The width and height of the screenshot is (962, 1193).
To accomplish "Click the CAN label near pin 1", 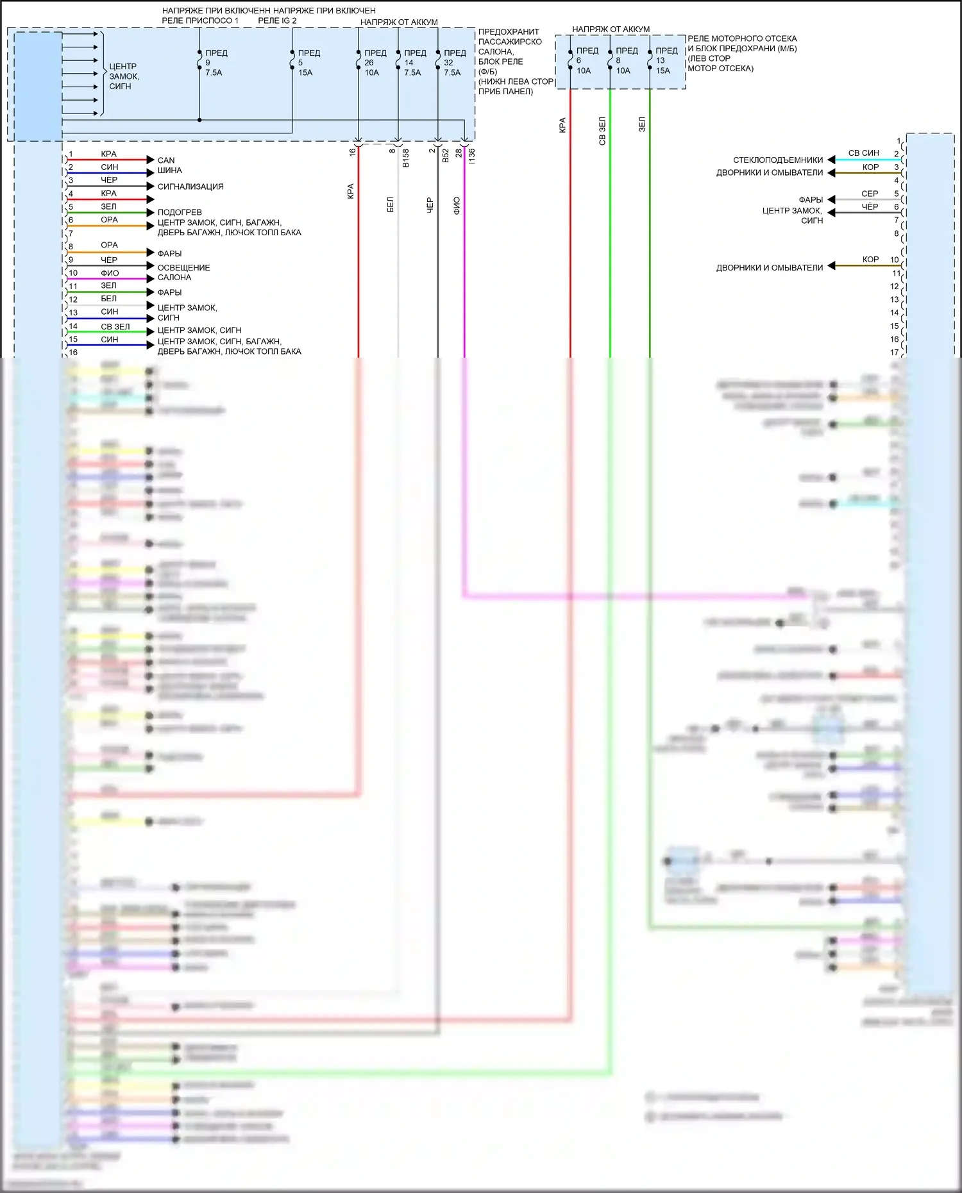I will click(x=166, y=160).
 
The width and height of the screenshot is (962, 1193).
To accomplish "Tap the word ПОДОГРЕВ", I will click(x=180, y=212).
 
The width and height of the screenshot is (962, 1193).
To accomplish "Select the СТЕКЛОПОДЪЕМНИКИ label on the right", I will click(x=777, y=160).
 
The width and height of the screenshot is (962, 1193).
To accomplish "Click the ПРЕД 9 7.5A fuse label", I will click(x=215, y=63).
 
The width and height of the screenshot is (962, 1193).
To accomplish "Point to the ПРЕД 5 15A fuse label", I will click(x=308, y=63).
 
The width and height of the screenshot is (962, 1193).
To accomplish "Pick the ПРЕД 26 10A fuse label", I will click(x=375, y=63).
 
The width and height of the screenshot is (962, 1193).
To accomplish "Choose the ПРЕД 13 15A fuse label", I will click(x=666, y=61).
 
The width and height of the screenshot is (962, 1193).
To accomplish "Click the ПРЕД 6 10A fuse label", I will click(x=586, y=61).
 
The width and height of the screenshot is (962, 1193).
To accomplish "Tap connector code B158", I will click(x=405, y=158).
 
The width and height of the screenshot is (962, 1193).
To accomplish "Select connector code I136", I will click(x=472, y=155).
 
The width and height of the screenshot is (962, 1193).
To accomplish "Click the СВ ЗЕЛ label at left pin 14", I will click(x=115, y=326).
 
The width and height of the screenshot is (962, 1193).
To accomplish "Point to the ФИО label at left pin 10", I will click(x=110, y=273).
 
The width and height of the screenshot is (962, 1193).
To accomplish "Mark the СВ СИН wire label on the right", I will click(x=863, y=153).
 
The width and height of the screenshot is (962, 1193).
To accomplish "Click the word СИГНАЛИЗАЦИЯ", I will click(x=190, y=187).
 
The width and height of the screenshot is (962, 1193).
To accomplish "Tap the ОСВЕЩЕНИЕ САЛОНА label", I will click(x=183, y=272).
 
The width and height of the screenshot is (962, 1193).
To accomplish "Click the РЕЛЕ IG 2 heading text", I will click(x=277, y=21).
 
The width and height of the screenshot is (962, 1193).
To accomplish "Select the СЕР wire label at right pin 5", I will click(x=870, y=194).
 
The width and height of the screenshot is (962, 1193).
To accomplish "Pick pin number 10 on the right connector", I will click(x=894, y=260).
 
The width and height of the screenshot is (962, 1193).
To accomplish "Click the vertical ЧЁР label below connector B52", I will click(x=430, y=205).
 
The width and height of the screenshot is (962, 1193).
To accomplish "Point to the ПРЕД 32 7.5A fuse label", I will click(x=454, y=63).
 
